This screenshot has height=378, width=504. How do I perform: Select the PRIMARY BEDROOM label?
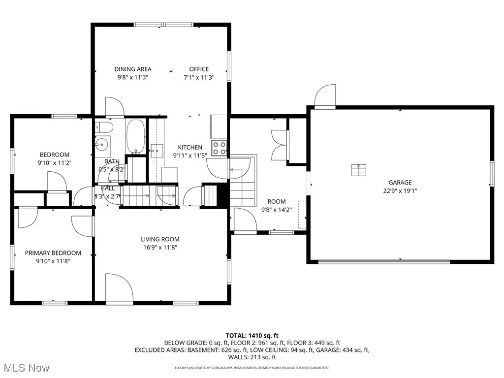(x=53, y=253)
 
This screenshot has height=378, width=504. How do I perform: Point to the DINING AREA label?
(x=133, y=69)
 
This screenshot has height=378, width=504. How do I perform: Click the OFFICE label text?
(x=199, y=69)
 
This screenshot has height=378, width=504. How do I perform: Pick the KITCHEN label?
(x=190, y=147)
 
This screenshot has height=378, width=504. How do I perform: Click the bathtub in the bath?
(x=135, y=136)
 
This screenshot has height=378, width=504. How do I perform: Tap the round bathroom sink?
(x=102, y=145)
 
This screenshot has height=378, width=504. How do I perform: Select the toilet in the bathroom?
(x=104, y=127)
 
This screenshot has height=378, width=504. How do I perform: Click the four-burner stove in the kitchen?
(x=220, y=148)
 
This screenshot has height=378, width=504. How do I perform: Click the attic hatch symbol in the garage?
(x=358, y=170)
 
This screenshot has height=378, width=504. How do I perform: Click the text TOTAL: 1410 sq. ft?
(x=252, y=336)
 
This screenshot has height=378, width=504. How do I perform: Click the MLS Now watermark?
(x=25, y=368)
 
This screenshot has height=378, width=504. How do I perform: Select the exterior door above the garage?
(x=325, y=96)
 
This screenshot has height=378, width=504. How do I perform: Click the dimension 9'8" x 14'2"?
(x=277, y=209)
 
